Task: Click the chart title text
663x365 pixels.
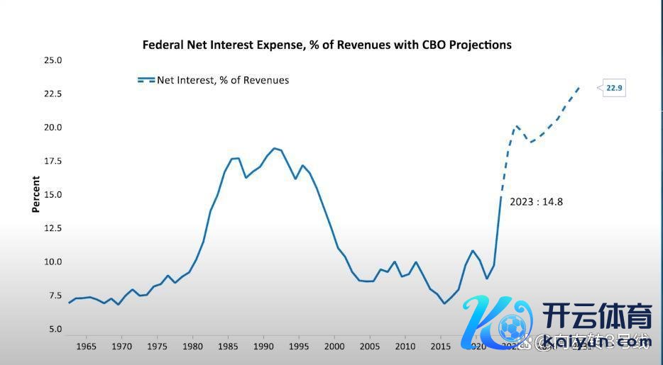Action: pyautogui.click(x=327, y=45)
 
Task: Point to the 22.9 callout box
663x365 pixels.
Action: pyautogui.click(x=613, y=89)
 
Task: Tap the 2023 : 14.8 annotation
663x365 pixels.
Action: pyautogui.click(x=536, y=202)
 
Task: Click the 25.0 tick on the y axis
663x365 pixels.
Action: pyautogui.click(x=53, y=60)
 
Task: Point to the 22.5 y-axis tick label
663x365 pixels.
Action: pyautogui.click(x=53, y=94)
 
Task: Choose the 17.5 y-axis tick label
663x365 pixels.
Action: pyautogui.click(x=53, y=161)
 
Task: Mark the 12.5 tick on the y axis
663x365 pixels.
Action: pyautogui.click(x=53, y=228)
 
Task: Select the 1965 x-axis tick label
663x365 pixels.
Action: pyautogui.click(x=86, y=347)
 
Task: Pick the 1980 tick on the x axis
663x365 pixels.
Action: pyautogui.click(x=192, y=347)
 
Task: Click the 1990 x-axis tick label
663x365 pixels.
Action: pyautogui.click(x=263, y=347)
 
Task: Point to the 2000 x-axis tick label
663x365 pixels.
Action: pyautogui.click(x=334, y=347)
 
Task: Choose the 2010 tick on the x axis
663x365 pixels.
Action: pyautogui.click(x=405, y=347)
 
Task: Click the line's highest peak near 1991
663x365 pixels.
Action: pyautogui.click(x=274, y=148)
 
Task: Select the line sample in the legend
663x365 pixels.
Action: pyautogui.click(x=146, y=81)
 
